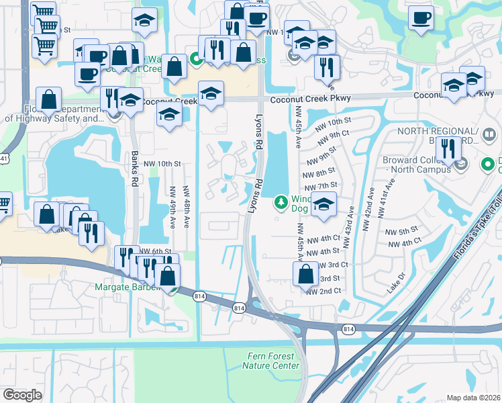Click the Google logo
[22, 394]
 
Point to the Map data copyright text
[473, 398]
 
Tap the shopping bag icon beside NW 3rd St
[305, 274]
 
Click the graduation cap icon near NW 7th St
[323, 205]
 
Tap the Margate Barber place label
[128, 288]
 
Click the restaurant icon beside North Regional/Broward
[448, 150]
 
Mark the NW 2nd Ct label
[323, 292]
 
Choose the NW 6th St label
[155, 251]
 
